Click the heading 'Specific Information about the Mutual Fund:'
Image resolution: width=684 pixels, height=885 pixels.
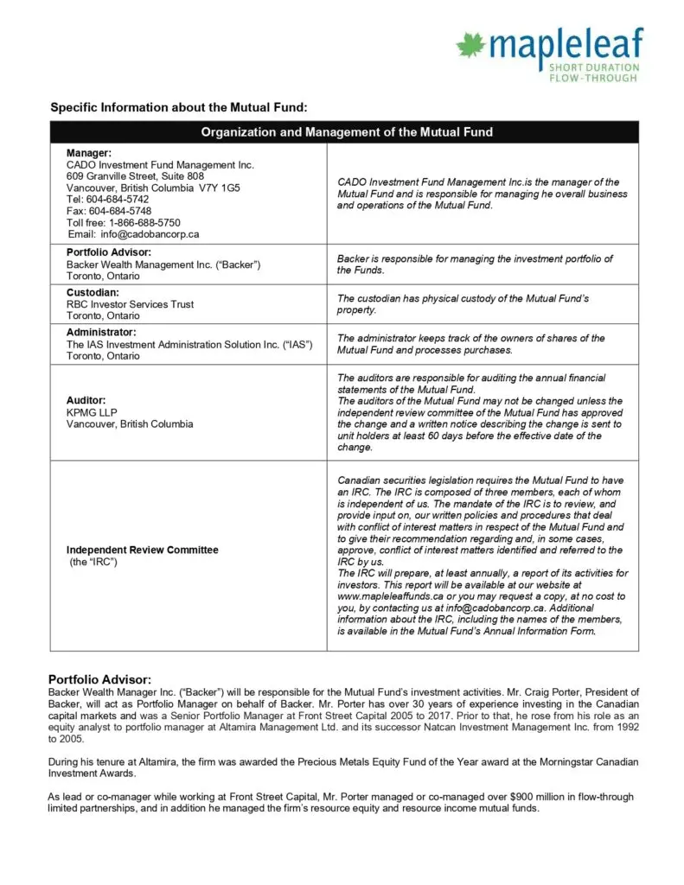tap(178, 107)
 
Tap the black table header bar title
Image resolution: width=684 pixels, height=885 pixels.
tap(347, 132)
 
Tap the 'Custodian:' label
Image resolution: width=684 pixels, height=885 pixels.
tap(94, 293)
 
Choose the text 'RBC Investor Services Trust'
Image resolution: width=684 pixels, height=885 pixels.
tap(130, 304)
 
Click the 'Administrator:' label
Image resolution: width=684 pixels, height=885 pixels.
tap(101, 333)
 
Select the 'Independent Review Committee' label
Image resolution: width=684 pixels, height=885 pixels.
tap(142, 550)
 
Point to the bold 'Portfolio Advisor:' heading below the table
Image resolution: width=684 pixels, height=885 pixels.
tap(99, 678)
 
